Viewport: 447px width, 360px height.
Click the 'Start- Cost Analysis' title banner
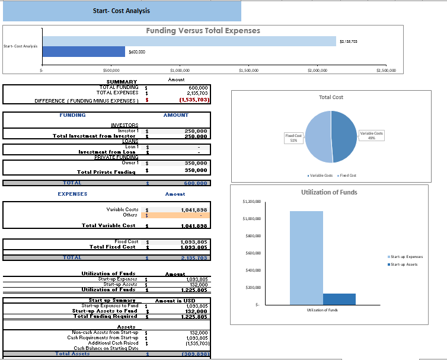122,11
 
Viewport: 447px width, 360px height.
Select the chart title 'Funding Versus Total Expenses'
203,31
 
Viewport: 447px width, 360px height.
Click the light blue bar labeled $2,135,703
189,41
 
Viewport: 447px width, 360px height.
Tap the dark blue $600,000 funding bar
83,52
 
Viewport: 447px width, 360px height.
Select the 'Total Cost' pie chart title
331,97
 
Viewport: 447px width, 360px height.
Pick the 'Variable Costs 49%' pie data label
371,135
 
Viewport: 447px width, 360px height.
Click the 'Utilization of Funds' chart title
329,192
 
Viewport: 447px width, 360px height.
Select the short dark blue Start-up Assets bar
339,299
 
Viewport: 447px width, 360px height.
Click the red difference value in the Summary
196,100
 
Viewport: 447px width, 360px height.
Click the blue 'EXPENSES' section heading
72,194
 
